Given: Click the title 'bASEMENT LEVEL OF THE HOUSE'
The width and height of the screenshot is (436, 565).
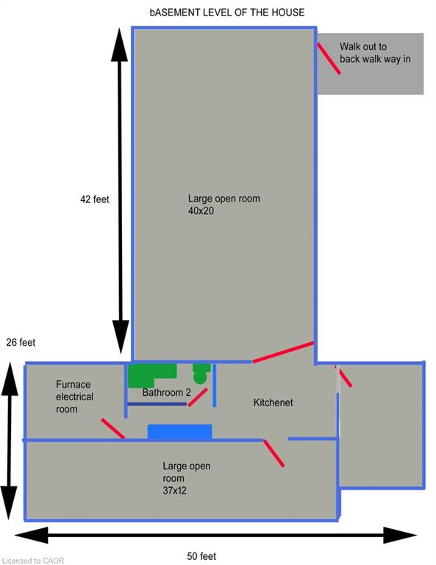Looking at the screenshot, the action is [227, 13].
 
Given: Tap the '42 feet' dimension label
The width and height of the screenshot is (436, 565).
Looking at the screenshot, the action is [95, 199].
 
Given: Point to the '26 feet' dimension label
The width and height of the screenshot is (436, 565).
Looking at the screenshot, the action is [21, 342].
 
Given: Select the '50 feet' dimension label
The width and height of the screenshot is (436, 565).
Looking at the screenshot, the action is [201, 556].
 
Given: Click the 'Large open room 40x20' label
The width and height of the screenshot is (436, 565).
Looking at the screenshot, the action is [224, 205].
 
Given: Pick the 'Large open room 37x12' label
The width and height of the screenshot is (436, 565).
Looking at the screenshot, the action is [187, 478].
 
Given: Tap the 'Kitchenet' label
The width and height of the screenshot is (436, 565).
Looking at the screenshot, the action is [274, 402].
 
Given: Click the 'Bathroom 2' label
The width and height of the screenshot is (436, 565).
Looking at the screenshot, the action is [166, 392].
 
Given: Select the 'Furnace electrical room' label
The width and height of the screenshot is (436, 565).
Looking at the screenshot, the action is [74, 397].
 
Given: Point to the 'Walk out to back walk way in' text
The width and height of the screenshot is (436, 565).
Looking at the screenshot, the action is [375, 53].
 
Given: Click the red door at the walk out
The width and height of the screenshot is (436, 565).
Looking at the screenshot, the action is [329, 58].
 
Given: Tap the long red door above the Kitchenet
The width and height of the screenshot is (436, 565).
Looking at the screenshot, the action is [283, 352].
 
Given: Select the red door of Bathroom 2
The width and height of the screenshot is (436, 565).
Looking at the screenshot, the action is [198, 397].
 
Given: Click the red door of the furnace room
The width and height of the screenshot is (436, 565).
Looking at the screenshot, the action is [113, 428].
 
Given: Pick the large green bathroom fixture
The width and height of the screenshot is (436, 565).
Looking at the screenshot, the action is [153, 375].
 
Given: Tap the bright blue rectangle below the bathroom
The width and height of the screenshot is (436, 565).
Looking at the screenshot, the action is [179, 432].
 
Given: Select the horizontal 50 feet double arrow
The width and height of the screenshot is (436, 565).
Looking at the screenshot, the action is [215, 535].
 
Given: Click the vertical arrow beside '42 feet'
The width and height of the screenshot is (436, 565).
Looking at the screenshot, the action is [121, 191].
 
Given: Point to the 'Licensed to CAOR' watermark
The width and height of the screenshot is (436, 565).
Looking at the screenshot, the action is [32, 561].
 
